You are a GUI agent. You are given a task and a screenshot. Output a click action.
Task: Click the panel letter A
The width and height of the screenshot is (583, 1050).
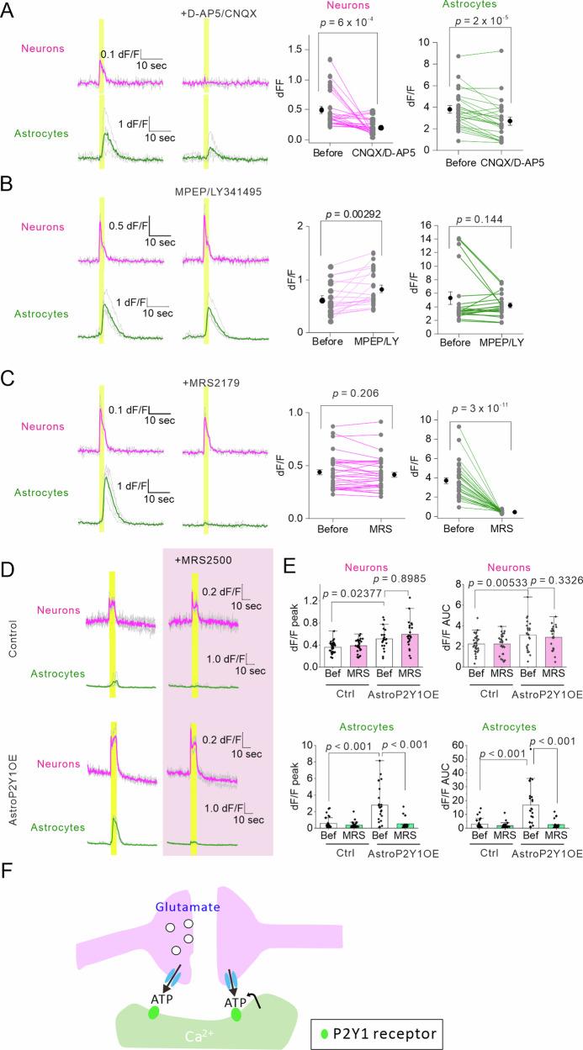coord(9,9)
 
